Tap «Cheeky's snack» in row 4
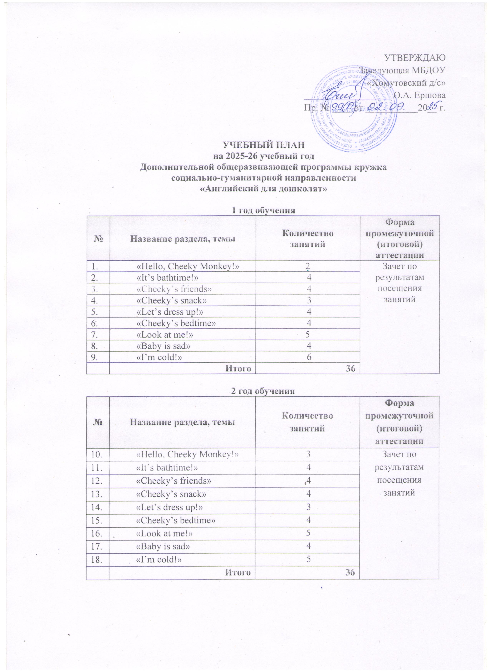171,300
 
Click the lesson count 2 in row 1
308,267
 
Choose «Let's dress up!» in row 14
169,507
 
